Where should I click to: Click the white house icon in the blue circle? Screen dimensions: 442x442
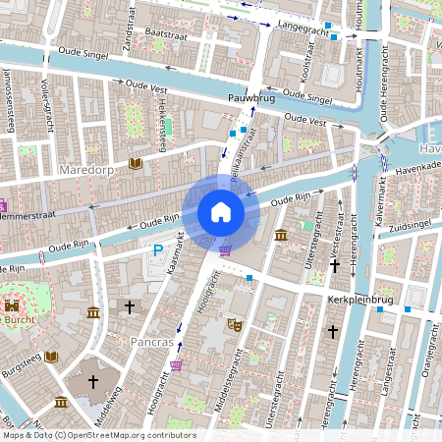pyautogui.click(x=221, y=212)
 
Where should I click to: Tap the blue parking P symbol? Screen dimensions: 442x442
pyautogui.click(x=157, y=252)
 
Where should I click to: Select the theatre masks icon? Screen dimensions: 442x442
pyautogui.click(x=235, y=322)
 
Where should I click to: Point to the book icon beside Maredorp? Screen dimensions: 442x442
pyautogui.click(x=135, y=163)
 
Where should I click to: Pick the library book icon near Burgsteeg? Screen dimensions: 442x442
pyautogui.click(x=52, y=356)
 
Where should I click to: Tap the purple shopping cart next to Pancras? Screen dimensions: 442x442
pyautogui.click(x=176, y=365)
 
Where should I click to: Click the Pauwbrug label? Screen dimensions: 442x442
pyautogui.click(x=249, y=99)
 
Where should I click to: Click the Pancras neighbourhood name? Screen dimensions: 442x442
pyautogui.click(x=152, y=343)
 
